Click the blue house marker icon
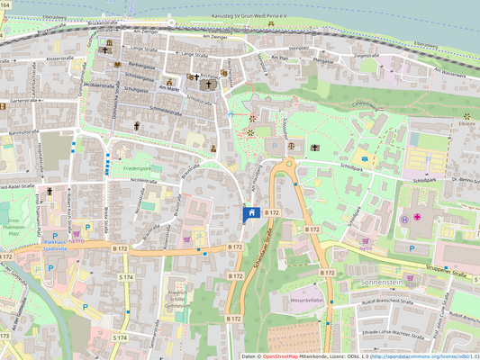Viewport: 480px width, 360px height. tap(251, 212)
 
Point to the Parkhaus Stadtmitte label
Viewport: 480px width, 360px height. tap(63, 243)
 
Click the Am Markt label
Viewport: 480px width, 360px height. tap(170, 87)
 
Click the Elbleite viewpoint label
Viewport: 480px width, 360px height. tap(466, 125)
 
